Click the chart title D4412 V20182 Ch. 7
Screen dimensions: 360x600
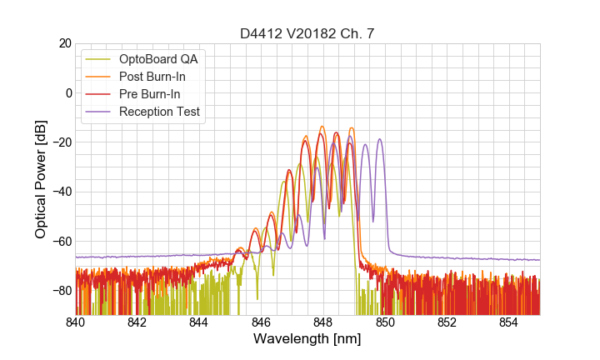coord(307,33)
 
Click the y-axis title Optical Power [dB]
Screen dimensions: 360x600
coord(41,179)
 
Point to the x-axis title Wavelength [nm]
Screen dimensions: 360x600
coord(307,339)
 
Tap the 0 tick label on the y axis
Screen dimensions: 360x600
coord(68,92)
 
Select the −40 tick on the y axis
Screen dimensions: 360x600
coord(62,192)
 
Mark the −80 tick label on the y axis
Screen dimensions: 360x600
coord(62,290)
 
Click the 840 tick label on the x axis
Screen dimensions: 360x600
coord(76,322)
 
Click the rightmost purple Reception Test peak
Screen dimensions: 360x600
coord(380,139)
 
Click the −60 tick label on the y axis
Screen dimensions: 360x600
coord(62,241)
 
